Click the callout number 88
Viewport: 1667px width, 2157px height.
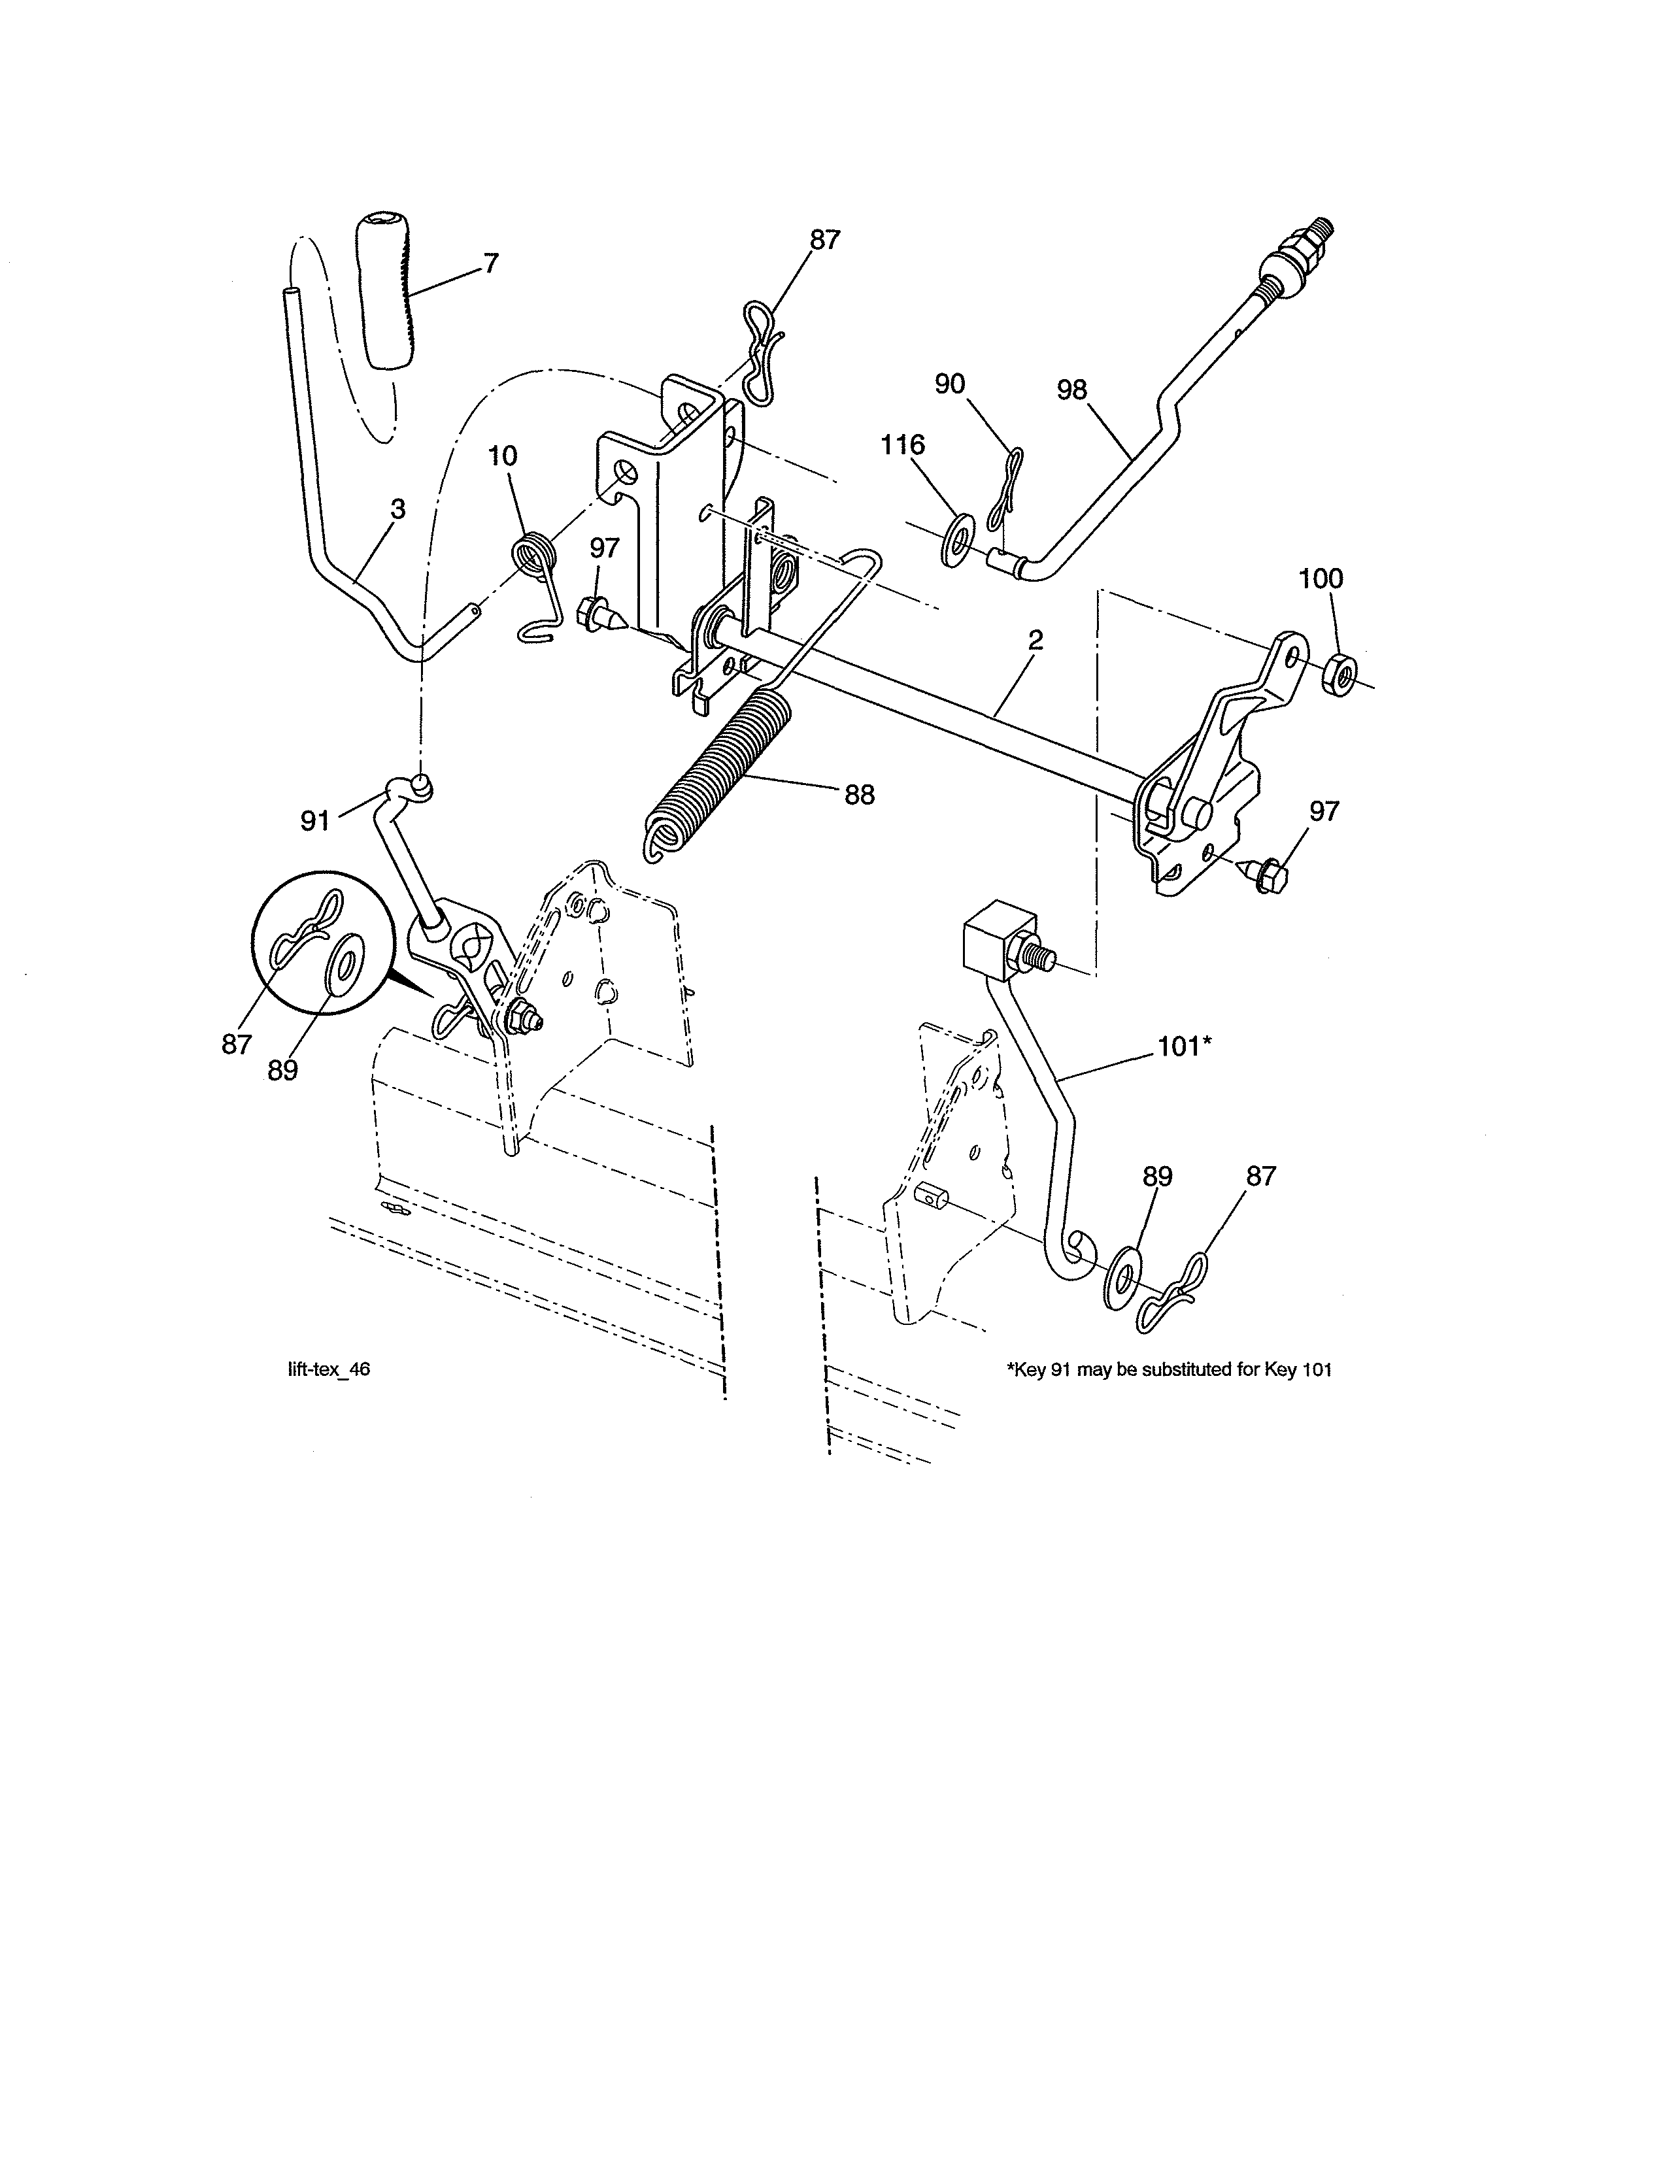859,795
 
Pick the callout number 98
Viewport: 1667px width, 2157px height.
1071,390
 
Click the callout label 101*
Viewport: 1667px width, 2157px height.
1184,1047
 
